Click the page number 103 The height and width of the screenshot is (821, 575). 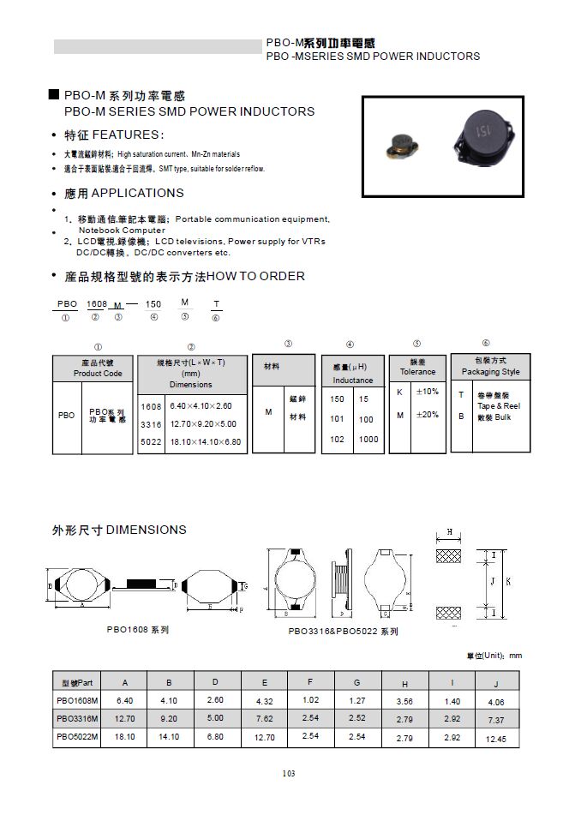click(288, 774)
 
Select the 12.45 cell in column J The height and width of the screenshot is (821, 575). click(496, 739)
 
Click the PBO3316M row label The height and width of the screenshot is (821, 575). click(77, 718)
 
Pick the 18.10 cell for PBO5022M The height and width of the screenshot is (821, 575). click(124, 735)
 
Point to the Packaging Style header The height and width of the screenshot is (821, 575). click(490, 372)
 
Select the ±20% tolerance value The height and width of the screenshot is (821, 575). click(427, 415)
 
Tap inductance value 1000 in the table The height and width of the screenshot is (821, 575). click(368, 439)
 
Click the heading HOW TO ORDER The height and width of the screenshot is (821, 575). click(256, 276)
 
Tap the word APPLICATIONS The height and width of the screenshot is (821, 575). click(137, 193)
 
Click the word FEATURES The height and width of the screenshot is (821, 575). click(125, 135)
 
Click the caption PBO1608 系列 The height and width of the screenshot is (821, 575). click(138, 629)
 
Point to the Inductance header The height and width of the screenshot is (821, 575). click(352, 380)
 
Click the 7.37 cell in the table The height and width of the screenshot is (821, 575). click(496, 720)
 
